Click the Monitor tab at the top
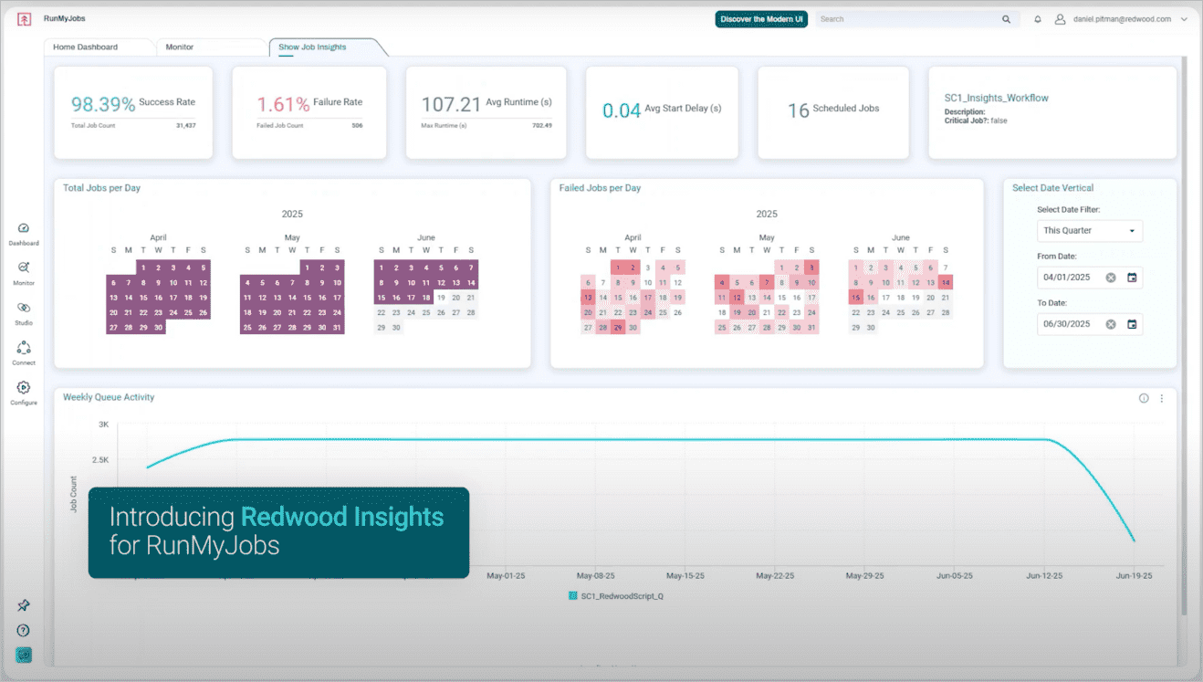pyautogui.click(x=180, y=47)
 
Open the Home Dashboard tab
pyautogui.click(x=85, y=47)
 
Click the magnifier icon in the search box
pyautogui.click(x=1006, y=19)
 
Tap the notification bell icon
pyautogui.click(x=1038, y=19)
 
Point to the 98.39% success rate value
pyautogui.click(x=103, y=105)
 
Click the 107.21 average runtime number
pyautogui.click(x=451, y=105)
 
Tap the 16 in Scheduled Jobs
pyautogui.click(x=799, y=110)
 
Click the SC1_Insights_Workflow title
pyautogui.click(x=996, y=98)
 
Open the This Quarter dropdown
pyautogui.click(x=1090, y=231)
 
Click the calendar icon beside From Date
pyautogui.click(x=1132, y=278)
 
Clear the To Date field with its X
pyautogui.click(x=1111, y=324)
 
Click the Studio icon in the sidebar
pyautogui.click(x=24, y=309)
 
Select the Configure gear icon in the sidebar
pyautogui.click(x=24, y=388)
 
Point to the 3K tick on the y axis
pyautogui.click(x=103, y=425)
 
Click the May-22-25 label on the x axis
pyautogui.click(x=776, y=576)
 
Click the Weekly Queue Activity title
pyautogui.click(x=109, y=397)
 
